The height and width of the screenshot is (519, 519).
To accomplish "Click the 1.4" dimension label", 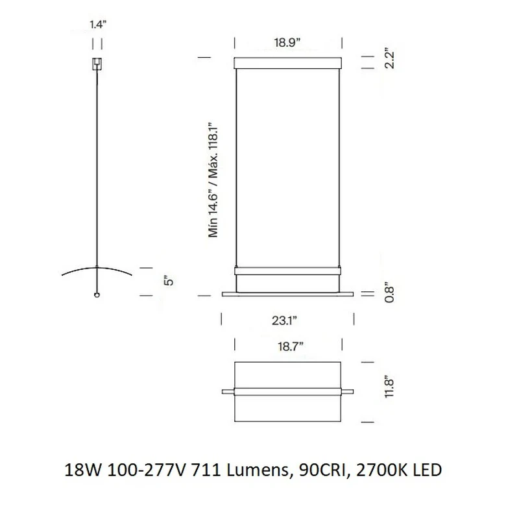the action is (x=98, y=25).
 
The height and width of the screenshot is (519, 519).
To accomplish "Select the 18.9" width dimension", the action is (x=287, y=42).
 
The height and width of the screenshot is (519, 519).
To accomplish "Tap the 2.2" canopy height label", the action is (x=389, y=60).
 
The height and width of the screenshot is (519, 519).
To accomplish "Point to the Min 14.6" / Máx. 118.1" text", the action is (x=213, y=180).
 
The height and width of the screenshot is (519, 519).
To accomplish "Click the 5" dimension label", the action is (x=169, y=280).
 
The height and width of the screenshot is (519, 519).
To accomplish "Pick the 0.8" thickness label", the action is (x=389, y=293).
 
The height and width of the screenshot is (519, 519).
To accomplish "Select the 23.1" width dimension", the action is (x=284, y=320).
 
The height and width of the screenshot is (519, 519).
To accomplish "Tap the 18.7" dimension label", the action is (x=290, y=346).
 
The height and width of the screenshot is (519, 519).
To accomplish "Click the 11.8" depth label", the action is (x=389, y=386).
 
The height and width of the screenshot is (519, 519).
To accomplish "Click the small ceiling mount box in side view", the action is (x=97, y=64).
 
